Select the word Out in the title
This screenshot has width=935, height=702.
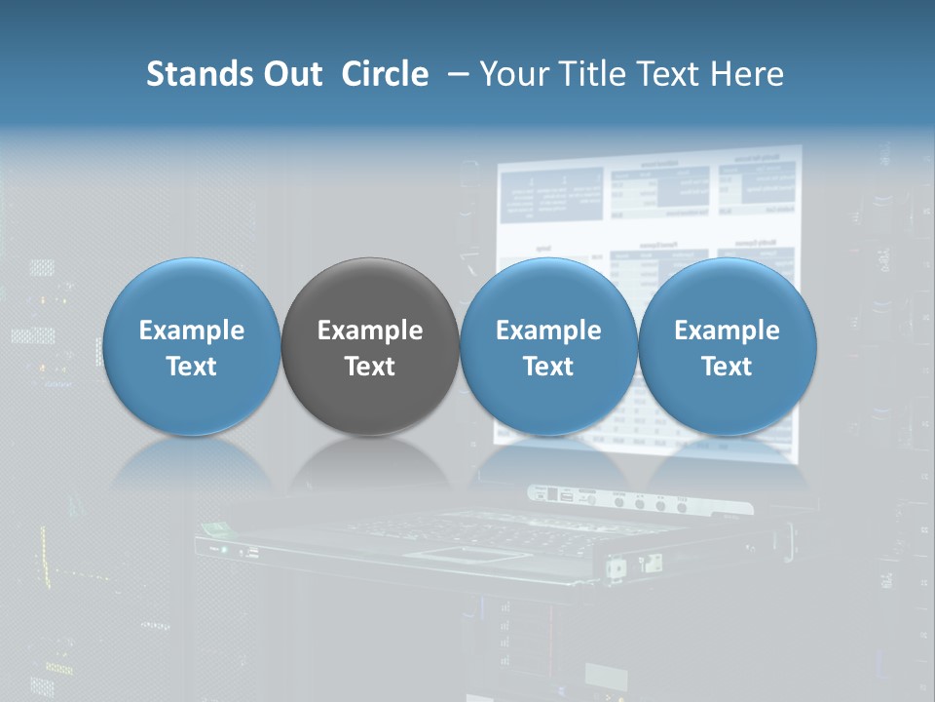[293, 74]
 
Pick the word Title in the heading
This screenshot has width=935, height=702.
[593, 74]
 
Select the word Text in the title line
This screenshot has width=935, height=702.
[673, 74]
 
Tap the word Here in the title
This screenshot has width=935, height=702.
[750, 74]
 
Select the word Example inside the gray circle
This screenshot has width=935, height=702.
[370, 331]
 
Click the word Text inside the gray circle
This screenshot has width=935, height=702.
[370, 367]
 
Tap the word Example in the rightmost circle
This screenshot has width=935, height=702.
[727, 331]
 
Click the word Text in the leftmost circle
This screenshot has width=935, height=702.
[191, 367]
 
